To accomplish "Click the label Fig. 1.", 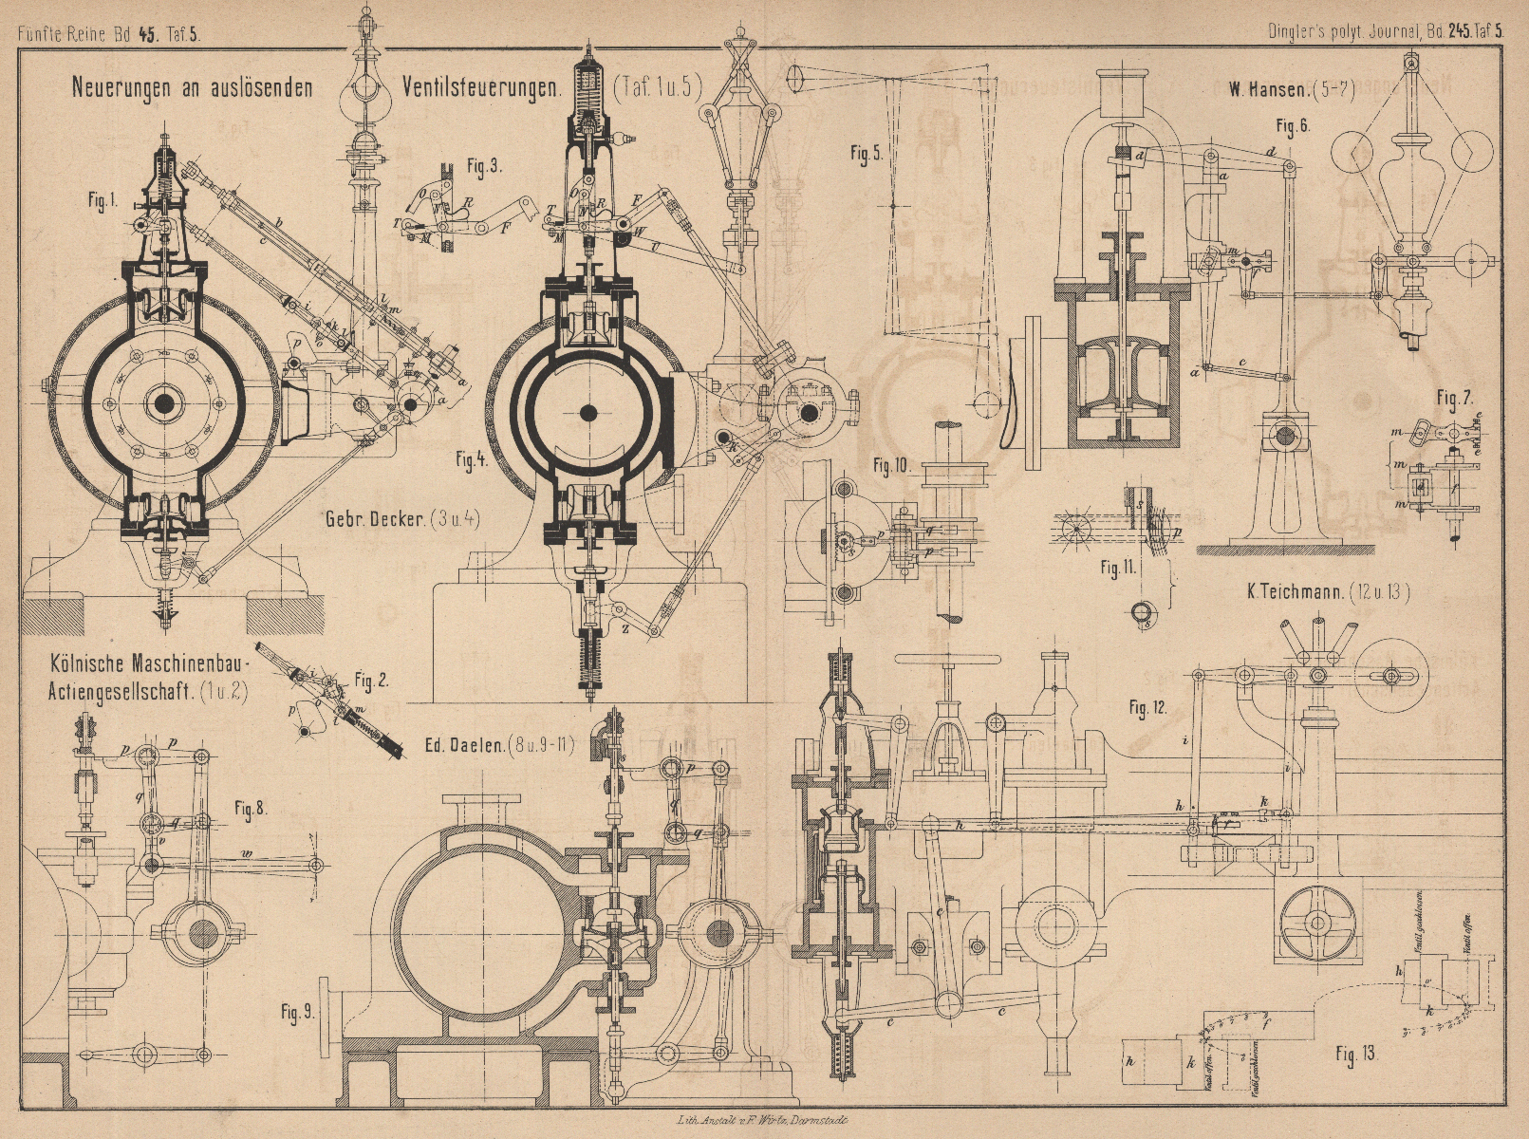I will pyautogui.click(x=101, y=201).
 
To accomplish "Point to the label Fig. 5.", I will pyautogui.click(x=866, y=155).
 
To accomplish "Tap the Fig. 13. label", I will pyautogui.click(x=1354, y=1054).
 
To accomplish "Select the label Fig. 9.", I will pyautogui.click(x=297, y=1013).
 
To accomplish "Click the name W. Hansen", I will pyautogui.click(x=1268, y=91).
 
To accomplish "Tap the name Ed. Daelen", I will pyautogui.click(x=464, y=743).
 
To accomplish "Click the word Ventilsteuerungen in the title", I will pyautogui.click(x=483, y=88).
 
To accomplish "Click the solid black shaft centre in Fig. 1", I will pyautogui.click(x=165, y=403).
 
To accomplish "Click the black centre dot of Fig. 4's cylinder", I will pyautogui.click(x=588, y=412).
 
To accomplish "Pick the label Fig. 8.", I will pyautogui.click(x=251, y=809).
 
